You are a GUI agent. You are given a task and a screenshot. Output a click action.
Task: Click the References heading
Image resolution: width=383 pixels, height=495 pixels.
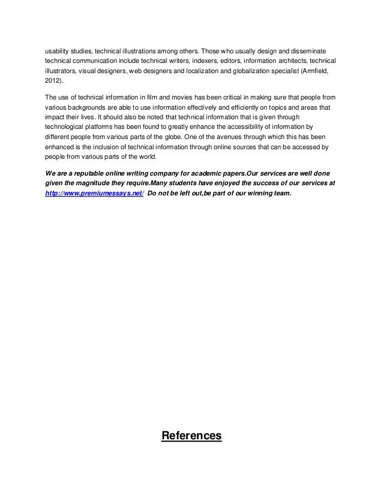[191, 436]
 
